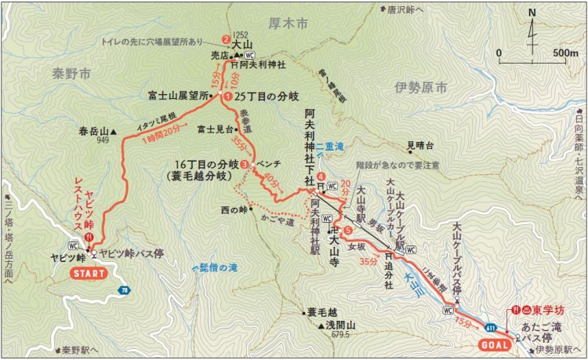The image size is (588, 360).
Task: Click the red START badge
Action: (87, 273)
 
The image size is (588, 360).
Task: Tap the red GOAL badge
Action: (492, 344)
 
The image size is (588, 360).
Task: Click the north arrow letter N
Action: (532, 13)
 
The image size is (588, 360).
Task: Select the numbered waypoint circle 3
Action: (245, 165)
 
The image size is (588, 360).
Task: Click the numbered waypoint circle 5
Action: (347, 229)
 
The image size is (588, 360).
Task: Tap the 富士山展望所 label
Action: (179, 96)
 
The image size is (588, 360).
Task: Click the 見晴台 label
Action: (420, 144)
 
